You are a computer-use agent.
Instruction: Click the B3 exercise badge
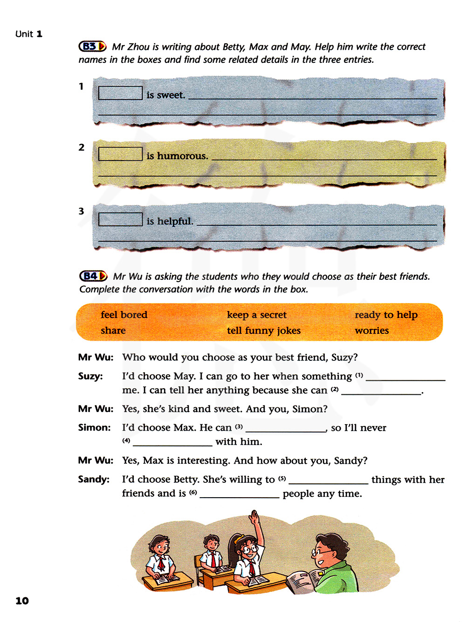tap(92, 47)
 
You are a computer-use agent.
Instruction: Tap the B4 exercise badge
tap(93, 276)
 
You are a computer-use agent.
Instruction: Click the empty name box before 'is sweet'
tap(120, 93)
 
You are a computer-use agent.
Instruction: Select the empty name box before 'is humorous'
tap(120, 154)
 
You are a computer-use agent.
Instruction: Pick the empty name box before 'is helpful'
tap(120, 219)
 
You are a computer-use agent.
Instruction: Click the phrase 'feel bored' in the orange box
tap(124, 315)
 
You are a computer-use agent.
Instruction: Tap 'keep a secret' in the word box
tap(257, 315)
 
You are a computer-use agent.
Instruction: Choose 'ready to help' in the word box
tap(386, 315)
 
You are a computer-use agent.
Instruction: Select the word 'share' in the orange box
tap(113, 331)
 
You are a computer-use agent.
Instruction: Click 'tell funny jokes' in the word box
tap(264, 331)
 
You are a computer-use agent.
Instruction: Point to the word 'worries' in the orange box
tap(371, 331)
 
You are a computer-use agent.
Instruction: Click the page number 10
tap(22, 601)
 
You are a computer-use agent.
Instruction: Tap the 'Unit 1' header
tap(29, 34)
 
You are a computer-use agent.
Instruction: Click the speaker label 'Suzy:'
tap(90, 376)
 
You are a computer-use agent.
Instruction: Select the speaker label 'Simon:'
tap(94, 428)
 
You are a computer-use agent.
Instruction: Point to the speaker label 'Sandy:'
tap(94, 480)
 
